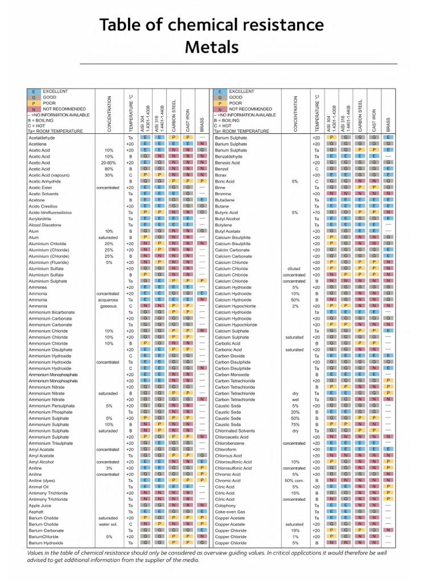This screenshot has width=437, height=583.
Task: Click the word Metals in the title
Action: [x=211, y=46]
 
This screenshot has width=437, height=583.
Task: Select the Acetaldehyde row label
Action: [x=42, y=138]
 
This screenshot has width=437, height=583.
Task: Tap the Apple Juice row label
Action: [x=40, y=505]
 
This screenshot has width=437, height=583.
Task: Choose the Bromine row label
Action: [x=224, y=194]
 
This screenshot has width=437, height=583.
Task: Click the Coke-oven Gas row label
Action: [x=230, y=511]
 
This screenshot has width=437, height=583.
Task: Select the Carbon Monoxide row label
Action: [x=233, y=375]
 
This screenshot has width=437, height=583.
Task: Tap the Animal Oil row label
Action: [x=39, y=487]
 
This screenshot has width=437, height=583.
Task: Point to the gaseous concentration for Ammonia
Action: [x=109, y=306]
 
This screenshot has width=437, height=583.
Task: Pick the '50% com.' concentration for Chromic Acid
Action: [x=294, y=481]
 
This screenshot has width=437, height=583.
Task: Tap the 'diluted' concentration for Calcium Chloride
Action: [x=294, y=268]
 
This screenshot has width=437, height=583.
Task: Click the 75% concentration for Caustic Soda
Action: [x=295, y=424]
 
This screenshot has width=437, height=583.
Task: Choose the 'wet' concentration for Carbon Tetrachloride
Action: [x=295, y=400]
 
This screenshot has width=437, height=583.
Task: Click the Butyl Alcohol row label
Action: [x=228, y=219]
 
